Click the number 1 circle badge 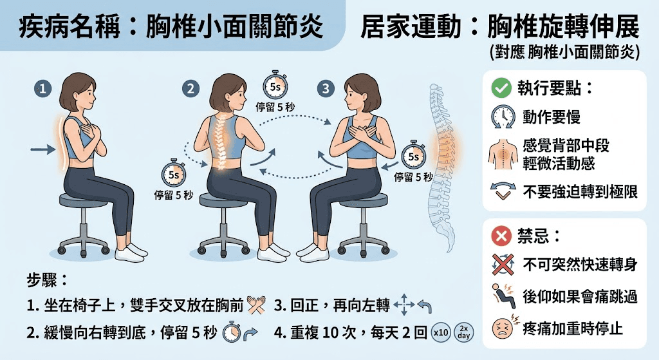[42, 90]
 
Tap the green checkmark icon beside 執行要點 [501, 88]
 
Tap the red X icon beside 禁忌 [501, 236]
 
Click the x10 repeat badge [441, 332]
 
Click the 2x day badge [464, 332]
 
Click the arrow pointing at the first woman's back [43, 149]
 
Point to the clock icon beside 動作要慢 [502, 117]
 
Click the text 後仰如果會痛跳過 [579, 297]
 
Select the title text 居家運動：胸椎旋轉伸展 [499, 27]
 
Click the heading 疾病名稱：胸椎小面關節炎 [171, 27]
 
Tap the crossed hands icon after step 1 [256, 305]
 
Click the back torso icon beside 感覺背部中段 [502, 154]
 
